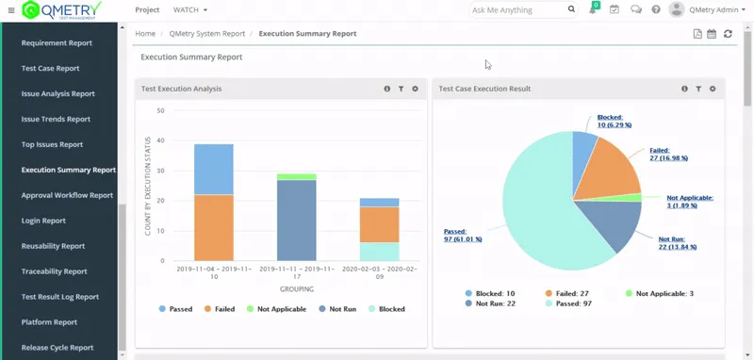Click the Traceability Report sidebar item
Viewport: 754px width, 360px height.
coord(54,271)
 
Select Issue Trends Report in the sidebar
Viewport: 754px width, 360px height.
coord(56,119)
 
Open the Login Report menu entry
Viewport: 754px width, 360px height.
coord(43,221)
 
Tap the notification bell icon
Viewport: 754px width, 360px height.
coord(593,10)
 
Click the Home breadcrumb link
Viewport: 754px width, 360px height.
coord(145,33)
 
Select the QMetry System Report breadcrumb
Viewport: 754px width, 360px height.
coord(206,33)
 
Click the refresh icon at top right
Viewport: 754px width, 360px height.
coord(728,34)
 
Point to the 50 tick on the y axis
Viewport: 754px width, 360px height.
coord(161,110)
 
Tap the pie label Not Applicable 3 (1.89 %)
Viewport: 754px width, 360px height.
coord(689,202)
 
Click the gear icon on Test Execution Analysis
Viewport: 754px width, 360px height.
coord(415,89)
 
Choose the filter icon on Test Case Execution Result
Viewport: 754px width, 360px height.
coord(698,89)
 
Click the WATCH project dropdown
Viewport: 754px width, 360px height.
coord(190,10)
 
